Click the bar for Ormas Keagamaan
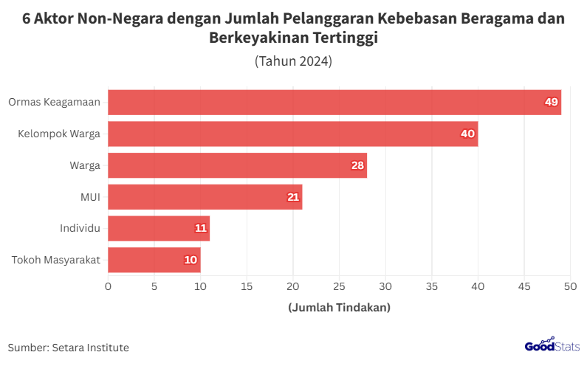[x=334, y=102]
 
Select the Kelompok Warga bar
[x=293, y=134]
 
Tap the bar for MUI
[x=205, y=197]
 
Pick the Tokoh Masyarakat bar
[x=154, y=260]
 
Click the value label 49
[x=551, y=102]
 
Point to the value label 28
[x=357, y=165]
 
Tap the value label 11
[x=201, y=228]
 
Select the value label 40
[x=467, y=134]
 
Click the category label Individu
[x=80, y=228]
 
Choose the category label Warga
[x=85, y=165]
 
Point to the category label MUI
[x=90, y=197]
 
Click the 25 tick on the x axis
[x=339, y=286]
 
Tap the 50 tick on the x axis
[x=570, y=286]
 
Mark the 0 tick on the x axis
[x=109, y=286]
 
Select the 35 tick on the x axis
[x=431, y=286]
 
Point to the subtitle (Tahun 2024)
[x=293, y=61]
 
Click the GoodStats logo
[x=552, y=345]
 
